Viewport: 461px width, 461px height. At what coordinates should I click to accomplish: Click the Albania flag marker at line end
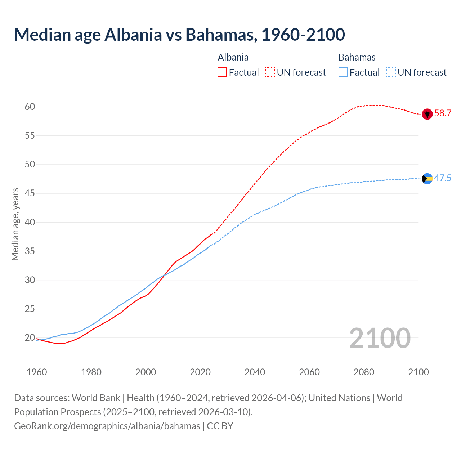coord(427,114)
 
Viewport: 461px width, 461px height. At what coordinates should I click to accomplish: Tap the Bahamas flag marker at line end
coord(427,179)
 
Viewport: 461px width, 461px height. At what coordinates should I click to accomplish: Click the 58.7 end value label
coord(443,113)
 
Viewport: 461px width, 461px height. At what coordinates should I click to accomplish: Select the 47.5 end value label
coord(443,178)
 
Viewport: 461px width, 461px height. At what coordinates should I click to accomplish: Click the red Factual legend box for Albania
coord(222,72)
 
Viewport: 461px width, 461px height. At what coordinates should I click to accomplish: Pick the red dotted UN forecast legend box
coord(270,72)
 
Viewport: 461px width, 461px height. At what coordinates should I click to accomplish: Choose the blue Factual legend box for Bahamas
coord(343,72)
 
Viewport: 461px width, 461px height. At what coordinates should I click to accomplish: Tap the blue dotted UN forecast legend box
coord(391,72)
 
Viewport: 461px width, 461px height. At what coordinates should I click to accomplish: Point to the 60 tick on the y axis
coord(30,107)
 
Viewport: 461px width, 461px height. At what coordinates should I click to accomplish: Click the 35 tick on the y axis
coord(30,251)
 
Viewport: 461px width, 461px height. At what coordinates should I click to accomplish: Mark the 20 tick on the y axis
coord(30,338)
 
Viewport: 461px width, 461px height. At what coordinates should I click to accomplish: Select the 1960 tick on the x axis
coord(37,372)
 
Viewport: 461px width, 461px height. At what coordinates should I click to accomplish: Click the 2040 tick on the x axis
coord(255,372)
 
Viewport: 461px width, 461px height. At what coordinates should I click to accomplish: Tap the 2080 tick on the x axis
coord(364,372)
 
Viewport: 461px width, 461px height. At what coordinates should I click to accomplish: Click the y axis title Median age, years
coord(15,224)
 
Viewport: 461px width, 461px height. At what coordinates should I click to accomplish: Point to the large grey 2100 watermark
coord(380,338)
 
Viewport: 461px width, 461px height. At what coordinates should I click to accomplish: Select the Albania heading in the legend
coord(233,57)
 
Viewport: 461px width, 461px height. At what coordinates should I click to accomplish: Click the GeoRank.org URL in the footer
coord(107,426)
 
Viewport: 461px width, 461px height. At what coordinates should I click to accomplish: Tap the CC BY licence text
coord(220,426)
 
